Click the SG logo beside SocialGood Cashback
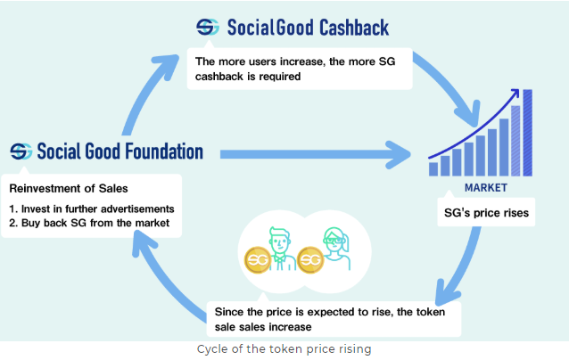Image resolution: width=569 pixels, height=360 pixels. (208, 28)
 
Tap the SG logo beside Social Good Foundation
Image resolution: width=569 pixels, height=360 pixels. (21, 151)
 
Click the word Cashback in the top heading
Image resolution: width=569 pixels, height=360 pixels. (354, 28)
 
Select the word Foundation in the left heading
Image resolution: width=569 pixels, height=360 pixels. (164, 151)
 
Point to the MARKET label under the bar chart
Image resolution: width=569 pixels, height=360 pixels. (486, 188)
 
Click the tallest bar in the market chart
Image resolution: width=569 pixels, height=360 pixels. (528, 133)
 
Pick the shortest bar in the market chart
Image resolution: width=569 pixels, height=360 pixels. (433, 169)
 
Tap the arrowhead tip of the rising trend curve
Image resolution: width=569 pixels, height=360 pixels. (518, 89)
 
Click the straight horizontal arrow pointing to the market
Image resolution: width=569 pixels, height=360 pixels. (315, 154)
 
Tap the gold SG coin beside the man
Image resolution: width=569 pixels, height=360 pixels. (258, 259)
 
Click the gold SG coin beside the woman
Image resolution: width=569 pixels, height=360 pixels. (310, 259)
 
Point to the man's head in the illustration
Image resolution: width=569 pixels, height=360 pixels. (280, 240)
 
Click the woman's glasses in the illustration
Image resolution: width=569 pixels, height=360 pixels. (334, 241)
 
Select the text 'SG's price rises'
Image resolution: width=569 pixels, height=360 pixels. (486, 213)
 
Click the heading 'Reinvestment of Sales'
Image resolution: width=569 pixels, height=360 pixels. (69, 189)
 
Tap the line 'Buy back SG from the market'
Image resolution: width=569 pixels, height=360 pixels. (89, 223)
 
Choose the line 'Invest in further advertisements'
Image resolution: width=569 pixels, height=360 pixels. (92, 209)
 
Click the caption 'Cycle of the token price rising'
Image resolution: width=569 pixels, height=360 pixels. (284, 349)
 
